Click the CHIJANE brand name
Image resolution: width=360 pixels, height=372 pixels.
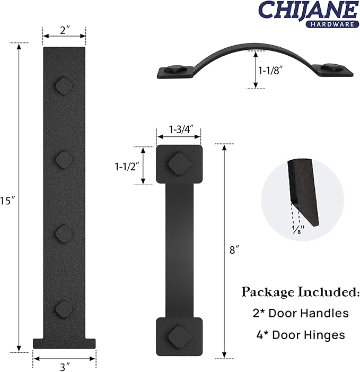tap(308, 10)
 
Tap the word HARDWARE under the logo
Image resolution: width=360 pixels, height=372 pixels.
tap(332, 24)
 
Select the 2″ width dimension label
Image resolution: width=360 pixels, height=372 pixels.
tap(65, 30)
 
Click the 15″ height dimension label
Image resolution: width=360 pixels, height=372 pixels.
tap(7, 201)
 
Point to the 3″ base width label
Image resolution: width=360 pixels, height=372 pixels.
tap(65, 367)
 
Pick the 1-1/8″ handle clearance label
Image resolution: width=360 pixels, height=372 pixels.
tap(270, 71)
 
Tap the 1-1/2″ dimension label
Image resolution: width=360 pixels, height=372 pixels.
tap(127, 167)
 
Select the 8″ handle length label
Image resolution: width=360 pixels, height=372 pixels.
tap(234, 250)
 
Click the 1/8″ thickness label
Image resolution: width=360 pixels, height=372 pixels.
tap(298, 230)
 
